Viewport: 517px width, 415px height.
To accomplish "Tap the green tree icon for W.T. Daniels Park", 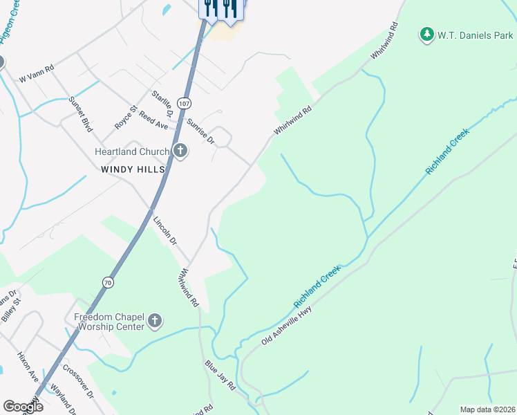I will tap(427, 34).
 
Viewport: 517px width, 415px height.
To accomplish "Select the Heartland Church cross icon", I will tap(180, 151).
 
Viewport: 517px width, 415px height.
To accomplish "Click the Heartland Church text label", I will tap(132, 152).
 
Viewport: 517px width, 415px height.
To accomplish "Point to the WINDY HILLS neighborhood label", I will tap(133, 169).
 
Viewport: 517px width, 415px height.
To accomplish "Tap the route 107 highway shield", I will tap(184, 103).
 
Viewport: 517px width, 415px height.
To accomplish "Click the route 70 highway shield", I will tap(107, 282).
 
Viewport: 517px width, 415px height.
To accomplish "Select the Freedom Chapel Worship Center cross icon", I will tap(155, 321).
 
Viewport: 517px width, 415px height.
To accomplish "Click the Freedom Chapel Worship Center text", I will tap(109, 322).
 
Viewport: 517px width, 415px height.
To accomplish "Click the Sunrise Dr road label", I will tap(201, 131).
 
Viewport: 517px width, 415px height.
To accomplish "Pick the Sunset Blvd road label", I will tap(80, 113).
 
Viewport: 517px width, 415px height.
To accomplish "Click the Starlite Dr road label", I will tap(163, 104).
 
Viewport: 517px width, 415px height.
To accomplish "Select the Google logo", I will tap(23, 407).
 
